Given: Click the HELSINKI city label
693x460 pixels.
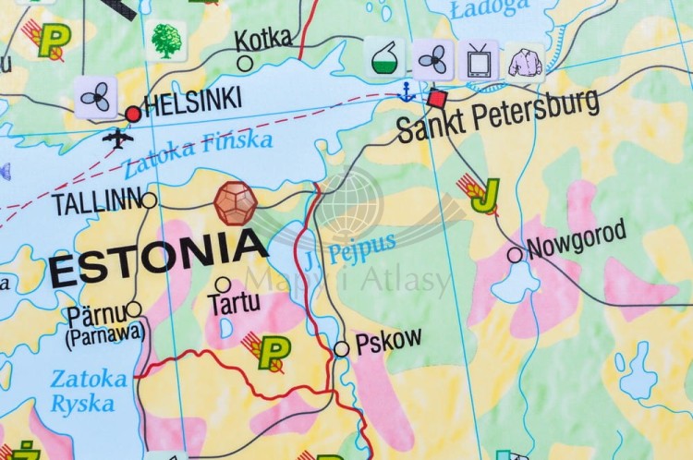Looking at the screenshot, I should click(x=193, y=102).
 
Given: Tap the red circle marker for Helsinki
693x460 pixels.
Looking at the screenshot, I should click(x=133, y=114).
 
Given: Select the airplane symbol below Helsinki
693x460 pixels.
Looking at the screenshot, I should click(x=117, y=139).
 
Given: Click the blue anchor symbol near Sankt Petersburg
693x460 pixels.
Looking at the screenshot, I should click(x=405, y=91).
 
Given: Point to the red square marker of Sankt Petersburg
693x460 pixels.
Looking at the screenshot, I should click(x=436, y=98).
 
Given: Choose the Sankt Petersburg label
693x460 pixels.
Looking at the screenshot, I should click(x=498, y=116).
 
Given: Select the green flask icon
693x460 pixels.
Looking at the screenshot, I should click(x=383, y=58).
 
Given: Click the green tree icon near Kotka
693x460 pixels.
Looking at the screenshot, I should click(x=166, y=41).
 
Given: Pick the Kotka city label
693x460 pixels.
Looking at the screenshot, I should click(x=262, y=39).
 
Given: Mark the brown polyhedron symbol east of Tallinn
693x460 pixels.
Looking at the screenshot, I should click(x=236, y=202).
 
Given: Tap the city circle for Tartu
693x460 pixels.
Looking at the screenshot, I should click(x=223, y=284).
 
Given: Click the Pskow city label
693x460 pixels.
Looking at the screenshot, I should click(x=388, y=340).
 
